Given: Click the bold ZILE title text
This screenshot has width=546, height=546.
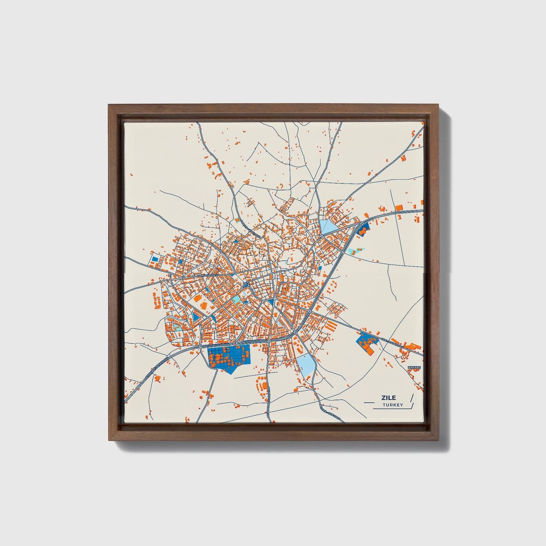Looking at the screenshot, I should [x=388, y=398].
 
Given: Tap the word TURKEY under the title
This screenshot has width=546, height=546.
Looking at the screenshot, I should [x=393, y=405].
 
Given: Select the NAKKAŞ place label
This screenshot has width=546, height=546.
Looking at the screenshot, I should [x=414, y=367].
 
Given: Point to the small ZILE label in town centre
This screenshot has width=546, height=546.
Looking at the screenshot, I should [x=246, y=283].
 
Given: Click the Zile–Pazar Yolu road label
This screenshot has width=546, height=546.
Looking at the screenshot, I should [x=393, y=343].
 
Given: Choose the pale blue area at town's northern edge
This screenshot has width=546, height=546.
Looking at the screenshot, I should [x=327, y=227].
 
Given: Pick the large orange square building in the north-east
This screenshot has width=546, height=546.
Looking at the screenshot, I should [x=399, y=207].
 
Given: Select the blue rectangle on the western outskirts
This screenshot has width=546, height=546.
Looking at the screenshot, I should [x=155, y=260].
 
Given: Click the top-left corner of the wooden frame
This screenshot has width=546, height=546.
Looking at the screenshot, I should [x=109, y=105].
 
